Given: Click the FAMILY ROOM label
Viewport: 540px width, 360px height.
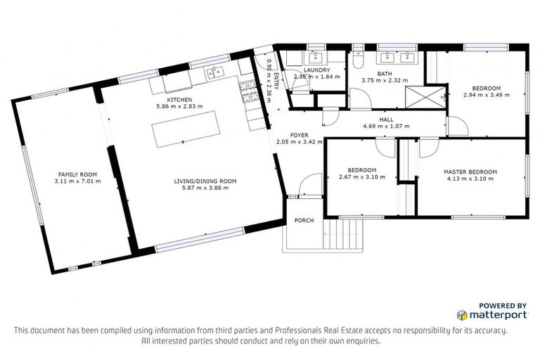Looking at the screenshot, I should [77, 174].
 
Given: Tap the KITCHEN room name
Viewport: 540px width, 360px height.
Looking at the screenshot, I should [179, 100].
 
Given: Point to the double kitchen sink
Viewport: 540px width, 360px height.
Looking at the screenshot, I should [214, 70].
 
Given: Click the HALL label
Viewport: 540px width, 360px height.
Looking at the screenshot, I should [386, 120].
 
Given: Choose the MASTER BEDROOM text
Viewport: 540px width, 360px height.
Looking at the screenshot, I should [470, 172].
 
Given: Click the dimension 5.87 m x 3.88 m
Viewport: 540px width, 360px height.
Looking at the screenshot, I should [205, 188].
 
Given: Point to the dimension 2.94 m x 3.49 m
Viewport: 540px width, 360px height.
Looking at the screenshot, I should [485, 95].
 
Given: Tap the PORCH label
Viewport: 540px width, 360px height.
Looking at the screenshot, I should [304, 221].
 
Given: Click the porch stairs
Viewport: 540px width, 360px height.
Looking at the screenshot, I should [346, 234].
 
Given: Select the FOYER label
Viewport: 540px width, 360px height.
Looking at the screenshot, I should [300, 135].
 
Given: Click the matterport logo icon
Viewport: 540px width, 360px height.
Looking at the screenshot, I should [462, 315].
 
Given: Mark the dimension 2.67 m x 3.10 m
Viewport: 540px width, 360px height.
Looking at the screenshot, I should [361, 177].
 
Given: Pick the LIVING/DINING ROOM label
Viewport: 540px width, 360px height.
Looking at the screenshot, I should [205, 181].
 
